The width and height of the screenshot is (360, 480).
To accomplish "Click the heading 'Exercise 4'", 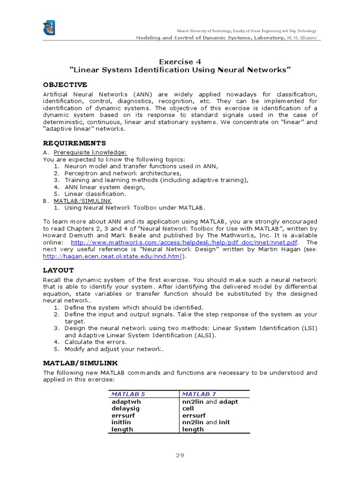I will [x=180, y=61].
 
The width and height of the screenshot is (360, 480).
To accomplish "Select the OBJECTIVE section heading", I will [x=65, y=85].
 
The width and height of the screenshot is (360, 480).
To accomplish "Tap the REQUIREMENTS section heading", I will [x=74, y=143].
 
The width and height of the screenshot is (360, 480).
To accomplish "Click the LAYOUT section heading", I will [x=59, y=270].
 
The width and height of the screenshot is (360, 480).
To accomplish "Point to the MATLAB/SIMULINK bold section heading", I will [x=81, y=363].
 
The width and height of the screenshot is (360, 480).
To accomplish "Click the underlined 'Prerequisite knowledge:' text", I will [x=90, y=152].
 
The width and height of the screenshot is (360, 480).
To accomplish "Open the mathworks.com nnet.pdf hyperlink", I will [x=184, y=242].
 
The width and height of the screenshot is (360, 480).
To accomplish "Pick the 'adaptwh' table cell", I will [x=126, y=402].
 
